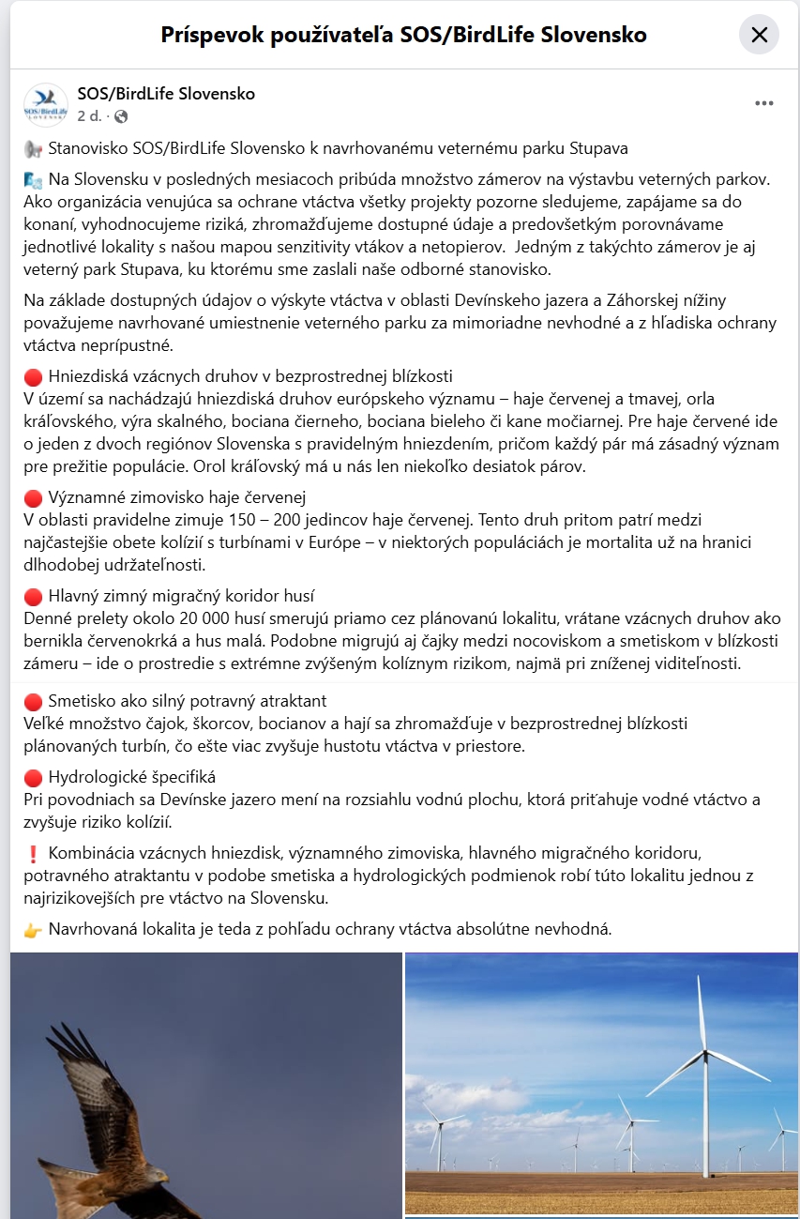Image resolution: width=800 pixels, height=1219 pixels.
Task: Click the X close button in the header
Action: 759,36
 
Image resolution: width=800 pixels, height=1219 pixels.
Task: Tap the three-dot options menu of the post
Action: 764,103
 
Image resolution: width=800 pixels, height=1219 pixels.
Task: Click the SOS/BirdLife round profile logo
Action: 45,104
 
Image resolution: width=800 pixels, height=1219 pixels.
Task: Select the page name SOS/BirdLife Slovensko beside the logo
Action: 166,94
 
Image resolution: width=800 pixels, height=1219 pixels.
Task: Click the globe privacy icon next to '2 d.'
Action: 121,116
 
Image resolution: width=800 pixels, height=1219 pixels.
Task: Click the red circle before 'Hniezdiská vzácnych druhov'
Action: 33,377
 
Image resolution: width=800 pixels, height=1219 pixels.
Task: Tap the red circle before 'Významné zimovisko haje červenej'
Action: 33,497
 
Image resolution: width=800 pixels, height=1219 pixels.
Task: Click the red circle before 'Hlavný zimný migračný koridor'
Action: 33,596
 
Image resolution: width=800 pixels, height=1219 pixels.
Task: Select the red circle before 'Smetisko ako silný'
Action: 33,702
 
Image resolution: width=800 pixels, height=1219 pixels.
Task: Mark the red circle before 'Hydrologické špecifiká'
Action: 33,778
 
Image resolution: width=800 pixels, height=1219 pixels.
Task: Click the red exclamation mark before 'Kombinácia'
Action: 33,853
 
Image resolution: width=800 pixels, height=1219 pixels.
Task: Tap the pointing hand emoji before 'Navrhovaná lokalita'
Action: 33,930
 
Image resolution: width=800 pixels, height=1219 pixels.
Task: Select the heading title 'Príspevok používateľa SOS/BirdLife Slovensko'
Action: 404,36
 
